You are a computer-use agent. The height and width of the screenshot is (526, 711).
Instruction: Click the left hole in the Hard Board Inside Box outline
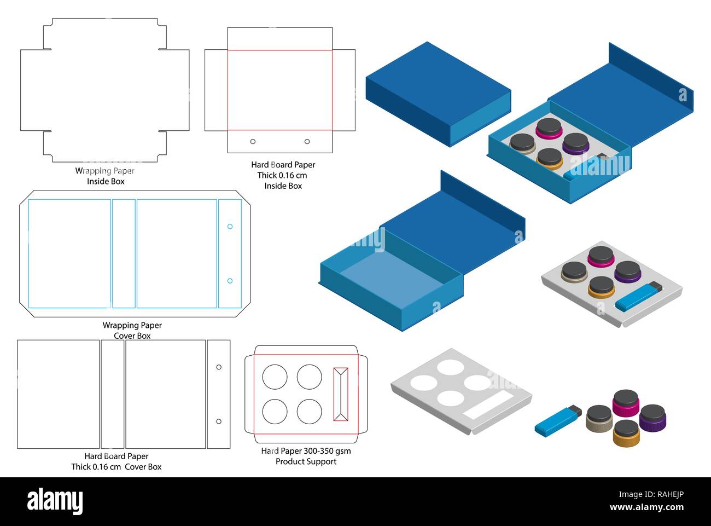253,141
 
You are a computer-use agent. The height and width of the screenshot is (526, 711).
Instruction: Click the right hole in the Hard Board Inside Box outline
307,141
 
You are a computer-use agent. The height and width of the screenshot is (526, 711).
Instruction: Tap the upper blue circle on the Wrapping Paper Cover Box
230,227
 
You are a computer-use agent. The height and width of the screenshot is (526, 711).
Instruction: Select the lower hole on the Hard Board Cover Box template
219,421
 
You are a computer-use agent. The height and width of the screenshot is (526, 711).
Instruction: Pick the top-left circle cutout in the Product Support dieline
275,377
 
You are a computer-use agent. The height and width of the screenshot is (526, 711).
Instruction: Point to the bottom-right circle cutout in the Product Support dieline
309,411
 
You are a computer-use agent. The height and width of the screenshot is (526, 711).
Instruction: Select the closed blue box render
438,93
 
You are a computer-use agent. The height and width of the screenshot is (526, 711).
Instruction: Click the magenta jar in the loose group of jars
626,402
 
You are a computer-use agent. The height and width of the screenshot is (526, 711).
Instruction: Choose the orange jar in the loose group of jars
626,432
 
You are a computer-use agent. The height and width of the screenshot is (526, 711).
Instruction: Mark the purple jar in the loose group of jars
652,417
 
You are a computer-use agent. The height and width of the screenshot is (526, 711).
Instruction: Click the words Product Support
306,461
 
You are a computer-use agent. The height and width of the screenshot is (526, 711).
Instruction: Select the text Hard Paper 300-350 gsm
306,451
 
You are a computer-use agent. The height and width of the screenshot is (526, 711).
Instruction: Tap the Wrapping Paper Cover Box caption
132,331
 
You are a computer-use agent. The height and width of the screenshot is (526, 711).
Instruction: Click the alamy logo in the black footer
55,501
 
